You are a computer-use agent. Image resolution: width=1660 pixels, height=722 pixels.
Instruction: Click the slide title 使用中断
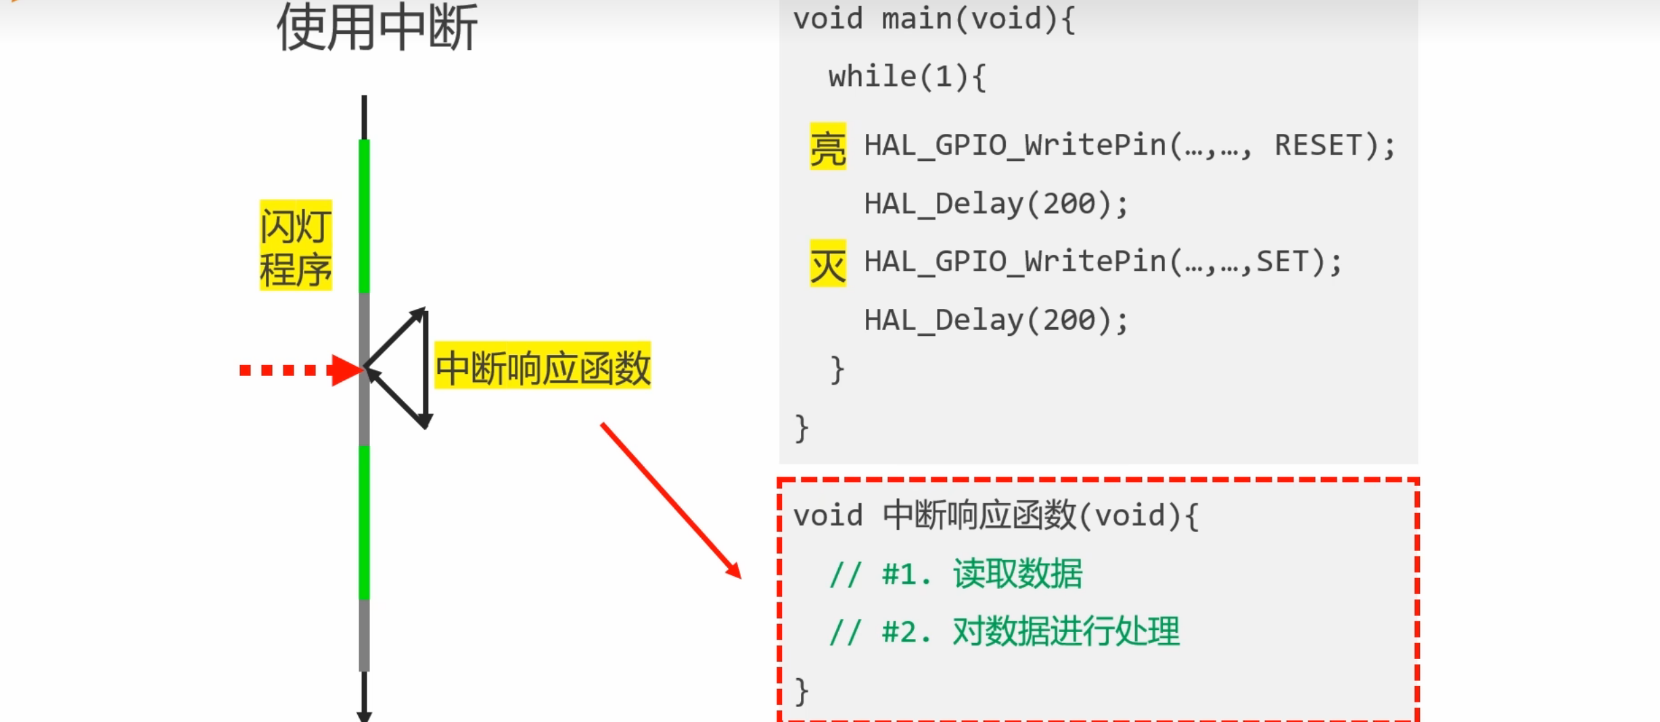(x=377, y=27)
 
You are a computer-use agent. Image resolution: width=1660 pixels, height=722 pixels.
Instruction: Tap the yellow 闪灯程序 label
(x=296, y=246)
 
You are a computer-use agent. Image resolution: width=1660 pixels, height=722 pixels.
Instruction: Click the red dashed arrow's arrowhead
(x=347, y=370)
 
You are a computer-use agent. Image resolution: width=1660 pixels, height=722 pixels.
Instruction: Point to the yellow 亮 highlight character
(x=828, y=147)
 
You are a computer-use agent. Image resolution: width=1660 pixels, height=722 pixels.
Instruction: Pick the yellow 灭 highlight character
(x=828, y=264)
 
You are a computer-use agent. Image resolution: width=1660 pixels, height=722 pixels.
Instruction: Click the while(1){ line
(x=907, y=77)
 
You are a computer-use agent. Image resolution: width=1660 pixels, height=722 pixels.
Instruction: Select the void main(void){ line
(x=933, y=19)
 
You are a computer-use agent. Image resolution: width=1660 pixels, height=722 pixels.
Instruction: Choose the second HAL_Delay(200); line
(x=996, y=320)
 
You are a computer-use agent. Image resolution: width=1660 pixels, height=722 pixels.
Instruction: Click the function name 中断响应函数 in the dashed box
(x=979, y=516)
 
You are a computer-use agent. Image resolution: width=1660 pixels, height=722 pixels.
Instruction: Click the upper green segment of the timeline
(x=364, y=216)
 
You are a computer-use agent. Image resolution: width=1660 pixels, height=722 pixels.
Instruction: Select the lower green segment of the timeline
(x=364, y=522)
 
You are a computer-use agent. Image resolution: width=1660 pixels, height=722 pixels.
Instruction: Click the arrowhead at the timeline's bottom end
(x=364, y=715)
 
